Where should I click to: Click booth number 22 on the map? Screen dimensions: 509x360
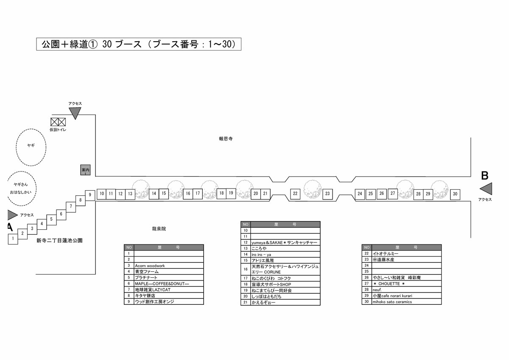click(x=295, y=194)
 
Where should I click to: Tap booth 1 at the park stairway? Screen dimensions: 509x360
click(x=13, y=239)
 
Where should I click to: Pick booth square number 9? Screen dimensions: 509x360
click(x=90, y=195)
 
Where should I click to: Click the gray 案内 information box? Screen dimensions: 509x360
click(x=85, y=170)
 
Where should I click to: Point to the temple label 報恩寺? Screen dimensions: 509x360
click(x=226, y=139)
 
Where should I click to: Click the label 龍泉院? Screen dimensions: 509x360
click(x=159, y=229)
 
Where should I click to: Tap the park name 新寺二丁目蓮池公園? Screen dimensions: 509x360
click(x=59, y=241)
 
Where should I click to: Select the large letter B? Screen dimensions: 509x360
click(x=485, y=176)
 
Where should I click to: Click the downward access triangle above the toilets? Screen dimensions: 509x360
click(x=75, y=113)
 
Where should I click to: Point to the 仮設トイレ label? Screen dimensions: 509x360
click(x=58, y=129)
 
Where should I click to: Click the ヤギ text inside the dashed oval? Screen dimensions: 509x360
click(x=31, y=145)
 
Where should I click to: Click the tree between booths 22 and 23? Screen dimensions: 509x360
click(x=313, y=189)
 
